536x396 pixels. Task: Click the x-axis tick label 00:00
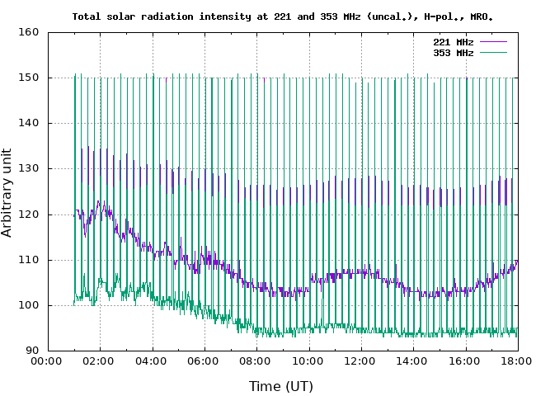(x=48, y=361)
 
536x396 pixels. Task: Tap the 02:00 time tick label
(x=100, y=361)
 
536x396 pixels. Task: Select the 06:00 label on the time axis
(x=205, y=361)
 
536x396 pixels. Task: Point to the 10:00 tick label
(x=308, y=361)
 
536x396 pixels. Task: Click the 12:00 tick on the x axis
(x=360, y=361)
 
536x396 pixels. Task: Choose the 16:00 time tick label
(x=465, y=361)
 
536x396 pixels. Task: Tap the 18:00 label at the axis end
(x=517, y=361)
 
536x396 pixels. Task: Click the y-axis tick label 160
(x=30, y=32)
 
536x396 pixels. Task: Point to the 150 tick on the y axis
(x=30, y=78)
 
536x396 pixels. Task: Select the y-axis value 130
(x=30, y=168)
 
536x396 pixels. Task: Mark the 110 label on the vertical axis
(x=30, y=260)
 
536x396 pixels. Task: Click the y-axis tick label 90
(x=33, y=351)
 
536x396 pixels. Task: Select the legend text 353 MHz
(x=453, y=53)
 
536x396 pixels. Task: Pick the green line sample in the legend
(x=492, y=53)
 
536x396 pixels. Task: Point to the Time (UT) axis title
(x=281, y=385)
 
